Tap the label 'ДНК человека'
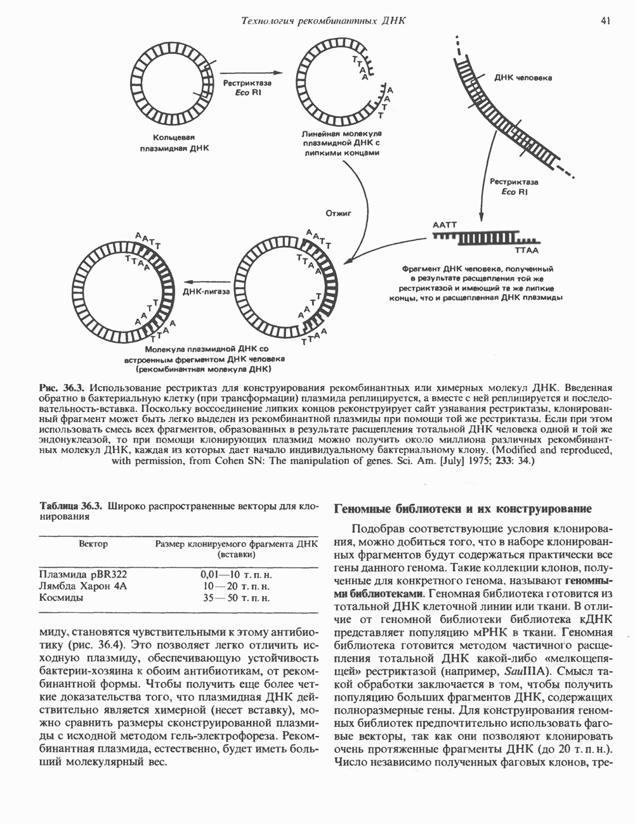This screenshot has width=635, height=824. [523, 78]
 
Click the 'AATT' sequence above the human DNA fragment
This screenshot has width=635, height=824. [444, 225]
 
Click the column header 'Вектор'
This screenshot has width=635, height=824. [93, 544]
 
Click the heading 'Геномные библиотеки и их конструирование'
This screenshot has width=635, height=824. [462, 508]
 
